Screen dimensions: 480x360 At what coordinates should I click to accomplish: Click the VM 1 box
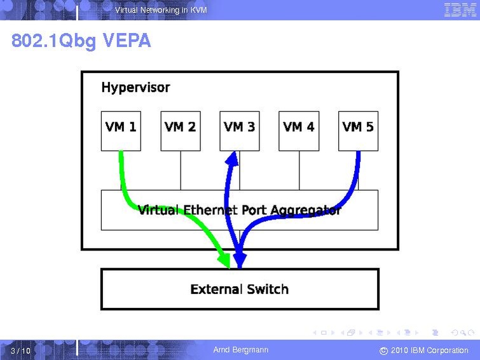(x=121, y=131)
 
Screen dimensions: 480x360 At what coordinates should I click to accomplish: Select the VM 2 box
(x=181, y=131)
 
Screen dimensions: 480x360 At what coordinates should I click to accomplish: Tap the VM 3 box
(x=240, y=131)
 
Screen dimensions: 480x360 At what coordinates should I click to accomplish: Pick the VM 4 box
(x=299, y=131)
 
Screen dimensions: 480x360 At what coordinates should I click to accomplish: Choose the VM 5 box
(x=358, y=131)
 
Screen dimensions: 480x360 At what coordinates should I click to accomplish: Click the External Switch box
(x=240, y=289)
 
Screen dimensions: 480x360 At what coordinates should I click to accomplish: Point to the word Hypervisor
(x=135, y=88)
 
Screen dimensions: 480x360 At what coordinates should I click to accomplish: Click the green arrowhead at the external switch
(x=224, y=260)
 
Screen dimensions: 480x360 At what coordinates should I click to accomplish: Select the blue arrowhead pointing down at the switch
(x=240, y=261)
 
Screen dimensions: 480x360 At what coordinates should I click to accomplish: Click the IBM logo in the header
(x=460, y=10)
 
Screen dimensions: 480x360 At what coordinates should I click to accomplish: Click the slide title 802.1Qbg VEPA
(x=81, y=41)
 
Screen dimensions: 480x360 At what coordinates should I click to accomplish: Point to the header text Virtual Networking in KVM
(x=161, y=10)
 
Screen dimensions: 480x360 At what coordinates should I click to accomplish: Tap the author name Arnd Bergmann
(x=241, y=350)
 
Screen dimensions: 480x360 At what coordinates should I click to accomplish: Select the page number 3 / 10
(x=20, y=350)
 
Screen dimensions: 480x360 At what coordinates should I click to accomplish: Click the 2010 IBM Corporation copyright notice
(x=424, y=350)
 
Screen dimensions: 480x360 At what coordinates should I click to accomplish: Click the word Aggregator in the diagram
(x=306, y=211)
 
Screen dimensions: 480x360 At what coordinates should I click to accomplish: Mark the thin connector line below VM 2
(x=181, y=170)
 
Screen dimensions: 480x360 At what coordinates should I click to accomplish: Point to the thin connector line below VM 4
(x=299, y=170)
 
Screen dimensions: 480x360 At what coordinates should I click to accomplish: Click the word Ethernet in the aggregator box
(x=210, y=210)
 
